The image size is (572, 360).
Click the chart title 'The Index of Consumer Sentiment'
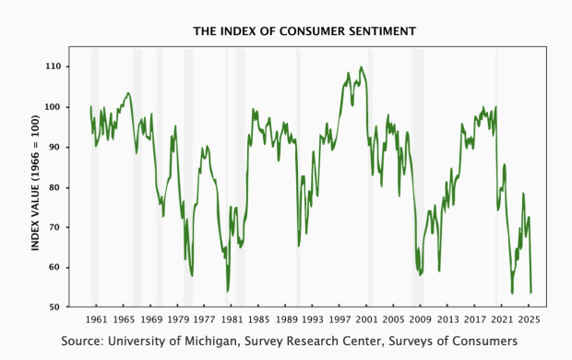pos(304,31)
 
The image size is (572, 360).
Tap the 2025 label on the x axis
pos(529,319)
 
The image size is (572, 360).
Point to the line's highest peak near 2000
pos(360,66)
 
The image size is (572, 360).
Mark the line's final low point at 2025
pos(530,293)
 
